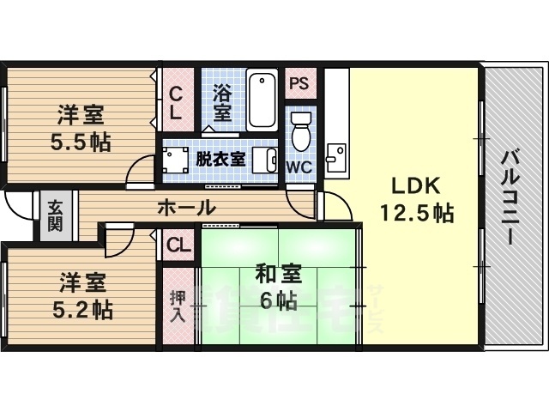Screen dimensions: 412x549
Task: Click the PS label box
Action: pos(299,84)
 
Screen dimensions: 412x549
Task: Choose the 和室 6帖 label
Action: pos(277,288)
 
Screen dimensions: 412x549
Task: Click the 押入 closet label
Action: pos(178,304)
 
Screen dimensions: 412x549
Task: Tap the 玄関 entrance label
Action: pos(55,215)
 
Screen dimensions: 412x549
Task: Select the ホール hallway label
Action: pos(185,208)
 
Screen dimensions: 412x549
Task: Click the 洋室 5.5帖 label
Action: pos(84,127)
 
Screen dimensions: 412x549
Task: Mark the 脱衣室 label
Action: pos(220,159)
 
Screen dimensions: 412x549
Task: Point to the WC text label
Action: pos(299,166)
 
